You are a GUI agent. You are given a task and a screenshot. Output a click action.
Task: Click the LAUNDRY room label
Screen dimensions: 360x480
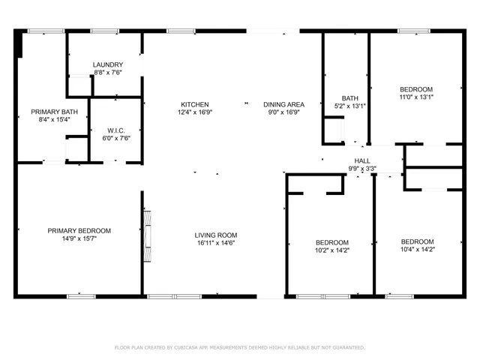point(108,65)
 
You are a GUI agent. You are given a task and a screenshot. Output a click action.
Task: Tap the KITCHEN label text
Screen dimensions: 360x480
point(194,104)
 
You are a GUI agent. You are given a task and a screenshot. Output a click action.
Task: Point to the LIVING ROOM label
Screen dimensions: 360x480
point(216,235)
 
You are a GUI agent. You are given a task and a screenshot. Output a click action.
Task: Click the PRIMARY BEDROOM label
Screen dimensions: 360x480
point(79,230)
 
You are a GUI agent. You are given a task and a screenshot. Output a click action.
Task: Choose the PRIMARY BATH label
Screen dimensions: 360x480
point(54,112)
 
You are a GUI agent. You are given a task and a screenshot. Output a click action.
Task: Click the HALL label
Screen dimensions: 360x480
point(362,161)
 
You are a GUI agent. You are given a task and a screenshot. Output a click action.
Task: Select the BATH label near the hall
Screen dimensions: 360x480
point(350,98)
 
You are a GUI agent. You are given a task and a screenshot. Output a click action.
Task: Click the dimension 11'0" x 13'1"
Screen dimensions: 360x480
point(416,97)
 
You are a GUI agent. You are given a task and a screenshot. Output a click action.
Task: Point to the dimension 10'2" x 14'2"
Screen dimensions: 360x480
point(331,251)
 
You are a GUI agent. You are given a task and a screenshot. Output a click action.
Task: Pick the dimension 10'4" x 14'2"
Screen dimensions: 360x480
point(417,250)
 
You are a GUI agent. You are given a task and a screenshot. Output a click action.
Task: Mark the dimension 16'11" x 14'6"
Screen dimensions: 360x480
point(216,243)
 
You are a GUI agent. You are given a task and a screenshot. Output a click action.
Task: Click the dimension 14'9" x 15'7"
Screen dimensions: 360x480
point(79,238)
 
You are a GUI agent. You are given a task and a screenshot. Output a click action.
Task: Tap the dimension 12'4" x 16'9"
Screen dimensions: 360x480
point(194,112)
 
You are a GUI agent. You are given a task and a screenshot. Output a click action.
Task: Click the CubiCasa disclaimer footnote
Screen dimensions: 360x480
point(240,347)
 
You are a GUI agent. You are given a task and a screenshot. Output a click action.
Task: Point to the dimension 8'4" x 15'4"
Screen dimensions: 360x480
point(54,120)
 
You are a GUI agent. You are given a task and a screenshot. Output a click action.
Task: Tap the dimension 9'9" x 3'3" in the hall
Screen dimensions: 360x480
point(362,169)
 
